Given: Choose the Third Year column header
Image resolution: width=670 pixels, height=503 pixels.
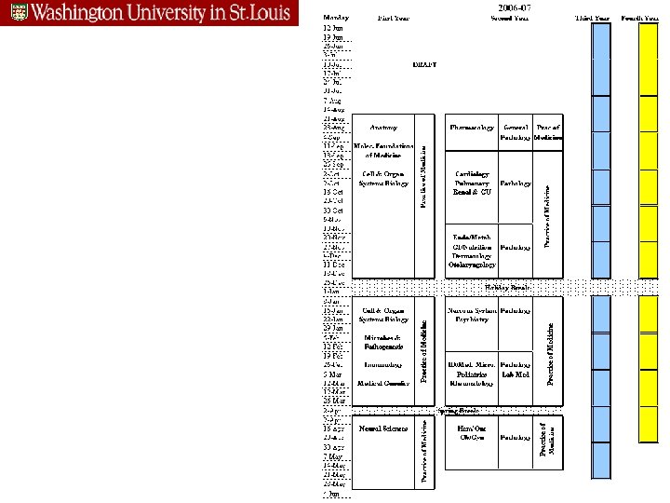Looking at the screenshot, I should click(593, 18).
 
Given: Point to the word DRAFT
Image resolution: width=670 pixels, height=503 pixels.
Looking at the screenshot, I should click(424, 65).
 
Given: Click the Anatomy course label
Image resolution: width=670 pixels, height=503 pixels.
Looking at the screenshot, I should click(383, 127).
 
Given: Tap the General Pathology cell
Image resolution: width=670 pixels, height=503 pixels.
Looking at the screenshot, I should click(516, 132).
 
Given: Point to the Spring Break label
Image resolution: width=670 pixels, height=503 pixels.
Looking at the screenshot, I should click(459, 410).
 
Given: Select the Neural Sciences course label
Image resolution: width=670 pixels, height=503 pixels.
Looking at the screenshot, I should click(383, 429).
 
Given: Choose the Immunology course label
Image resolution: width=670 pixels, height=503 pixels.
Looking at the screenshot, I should click(382, 365).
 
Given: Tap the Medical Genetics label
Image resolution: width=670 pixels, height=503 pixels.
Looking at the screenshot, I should click(383, 384).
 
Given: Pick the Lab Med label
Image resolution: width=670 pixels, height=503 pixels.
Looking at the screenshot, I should click(516, 374).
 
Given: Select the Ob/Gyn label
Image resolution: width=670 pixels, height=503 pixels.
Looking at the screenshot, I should click(473, 436).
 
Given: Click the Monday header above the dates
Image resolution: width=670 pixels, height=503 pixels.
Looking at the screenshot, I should click(337, 18).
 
